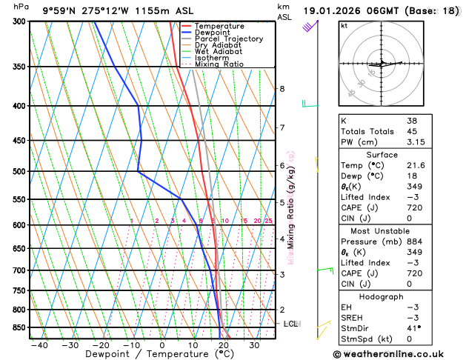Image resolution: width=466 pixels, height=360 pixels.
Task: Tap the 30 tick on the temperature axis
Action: tap(254, 345)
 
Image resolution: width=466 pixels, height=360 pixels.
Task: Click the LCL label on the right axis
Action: tap(291, 324)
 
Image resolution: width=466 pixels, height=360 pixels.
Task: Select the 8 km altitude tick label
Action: tap(282, 89)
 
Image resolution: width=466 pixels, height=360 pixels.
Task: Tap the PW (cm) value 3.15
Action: tap(416, 142)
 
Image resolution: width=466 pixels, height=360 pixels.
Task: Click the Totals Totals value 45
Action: tap(412, 131)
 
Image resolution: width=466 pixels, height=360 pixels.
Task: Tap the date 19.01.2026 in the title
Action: tap(332, 10)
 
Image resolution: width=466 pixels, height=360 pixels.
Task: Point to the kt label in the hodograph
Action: tap(344, 26)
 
